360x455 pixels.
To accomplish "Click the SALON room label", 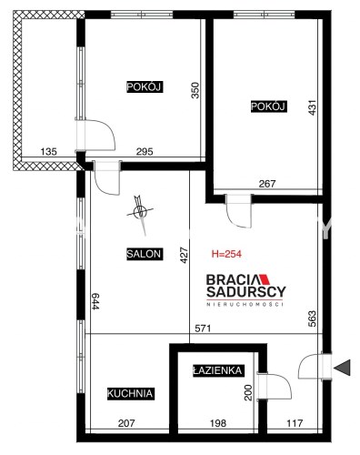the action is click(145, 254).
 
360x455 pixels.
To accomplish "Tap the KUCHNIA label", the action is click(131, 393).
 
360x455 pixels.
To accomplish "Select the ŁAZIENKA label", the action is click(218, 370).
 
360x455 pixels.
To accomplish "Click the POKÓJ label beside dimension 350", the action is click(145, 87).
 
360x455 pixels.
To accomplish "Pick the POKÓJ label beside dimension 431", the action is click(268, 106).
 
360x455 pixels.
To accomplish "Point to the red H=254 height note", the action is click(226, 254).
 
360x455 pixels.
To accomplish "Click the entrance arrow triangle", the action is click(343, 368).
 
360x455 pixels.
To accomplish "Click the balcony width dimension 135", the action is click(49, 151).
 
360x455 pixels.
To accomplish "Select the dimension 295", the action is click(145, 151).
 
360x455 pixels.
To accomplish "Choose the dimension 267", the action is click(267, 184).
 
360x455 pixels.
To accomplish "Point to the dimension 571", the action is click(203, 329).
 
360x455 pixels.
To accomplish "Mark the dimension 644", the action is click(95, 301).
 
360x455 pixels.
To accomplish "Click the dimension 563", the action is click(312, 318).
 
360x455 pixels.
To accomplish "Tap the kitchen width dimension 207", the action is click(126, 423).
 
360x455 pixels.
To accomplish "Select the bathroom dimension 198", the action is click(218, 423).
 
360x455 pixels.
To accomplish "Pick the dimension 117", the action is click(295, 423).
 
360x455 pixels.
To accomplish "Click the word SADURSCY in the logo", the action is click(246, 292).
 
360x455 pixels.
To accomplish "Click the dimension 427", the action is click(185, 256).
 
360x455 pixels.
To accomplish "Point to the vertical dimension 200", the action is click(248, 392).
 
